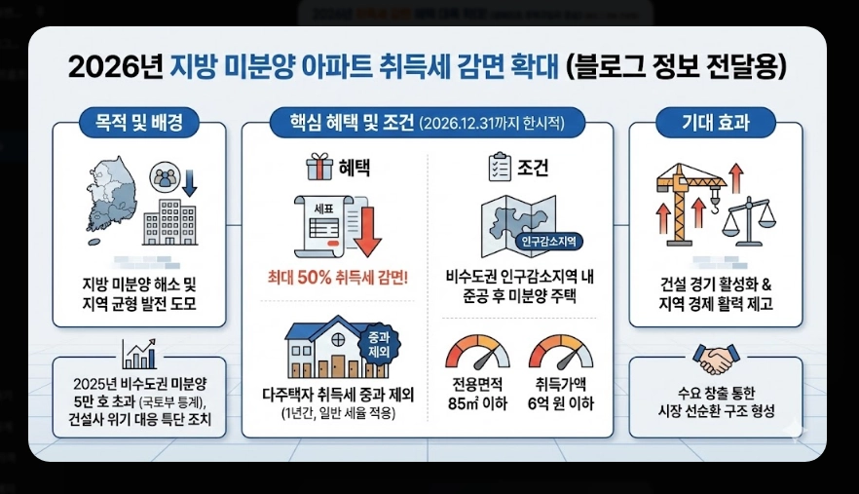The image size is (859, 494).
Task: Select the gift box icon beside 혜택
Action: coord(317,168)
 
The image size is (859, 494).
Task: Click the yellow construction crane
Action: coord(686,200)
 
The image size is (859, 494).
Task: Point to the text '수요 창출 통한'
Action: coord(716,394)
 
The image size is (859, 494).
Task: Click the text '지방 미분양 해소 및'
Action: coord(139,285)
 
